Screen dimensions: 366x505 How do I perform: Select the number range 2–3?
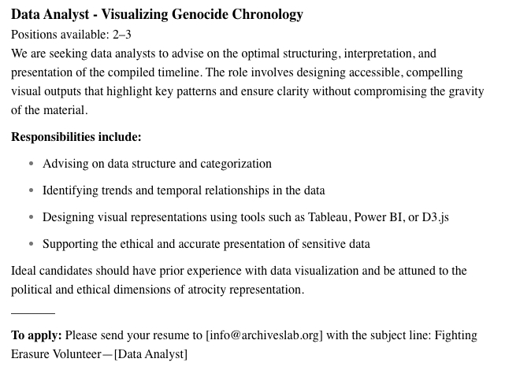click(x=118, y=35)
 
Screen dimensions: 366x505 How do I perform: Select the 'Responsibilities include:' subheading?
click(x=76, y=137)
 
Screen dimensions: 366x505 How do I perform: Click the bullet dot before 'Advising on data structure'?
click(x=32, y=164)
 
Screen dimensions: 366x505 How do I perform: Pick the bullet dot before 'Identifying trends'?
click(x=32, y=190)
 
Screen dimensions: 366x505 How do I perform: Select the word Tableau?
click(x=329, y=217)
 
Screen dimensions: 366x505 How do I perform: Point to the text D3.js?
click(x=433, y=217)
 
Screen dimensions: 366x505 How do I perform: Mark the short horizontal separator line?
click(x=33, y=313)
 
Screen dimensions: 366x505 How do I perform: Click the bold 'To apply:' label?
click(x=36, y=335)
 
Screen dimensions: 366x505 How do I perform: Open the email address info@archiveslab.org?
click(x=264, y=335)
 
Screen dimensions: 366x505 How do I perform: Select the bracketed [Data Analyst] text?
click(x=150, y=354)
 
